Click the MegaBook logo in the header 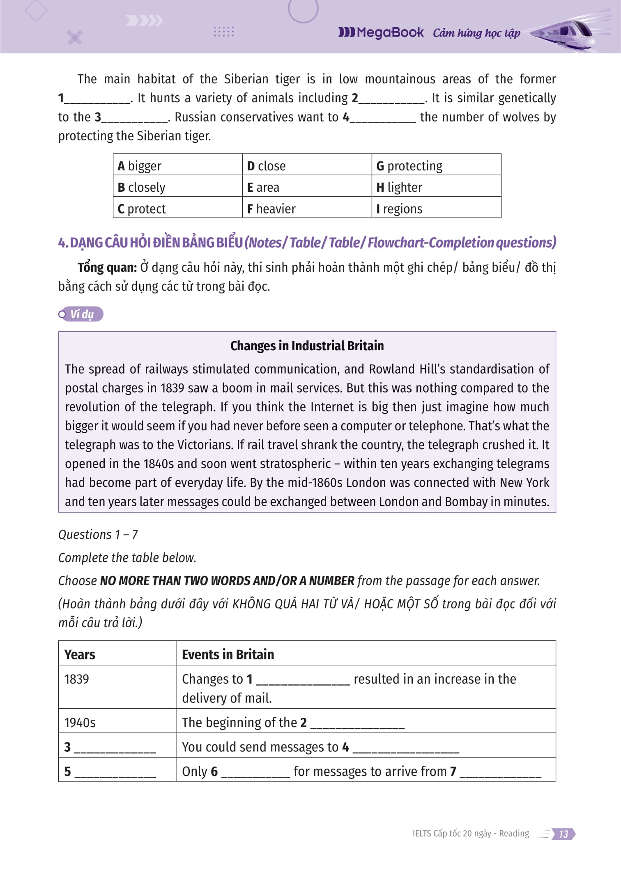tap(381, 32)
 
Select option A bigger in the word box tap(140, 166)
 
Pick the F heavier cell tap(271, 209)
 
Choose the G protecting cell tap(409, 166)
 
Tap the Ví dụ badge tap(81, 314)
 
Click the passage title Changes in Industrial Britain tap(307, 346)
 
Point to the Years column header tap(80, 654)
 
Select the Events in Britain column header tap(228, 654)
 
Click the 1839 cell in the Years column tap(77, 679)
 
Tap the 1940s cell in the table tap(80, 723)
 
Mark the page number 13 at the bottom tap(563, 834)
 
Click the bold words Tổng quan tap(107, 268)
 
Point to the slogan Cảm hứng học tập tap(476, 33)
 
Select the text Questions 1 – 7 tap(98, 535)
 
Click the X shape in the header tap(75, 37)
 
